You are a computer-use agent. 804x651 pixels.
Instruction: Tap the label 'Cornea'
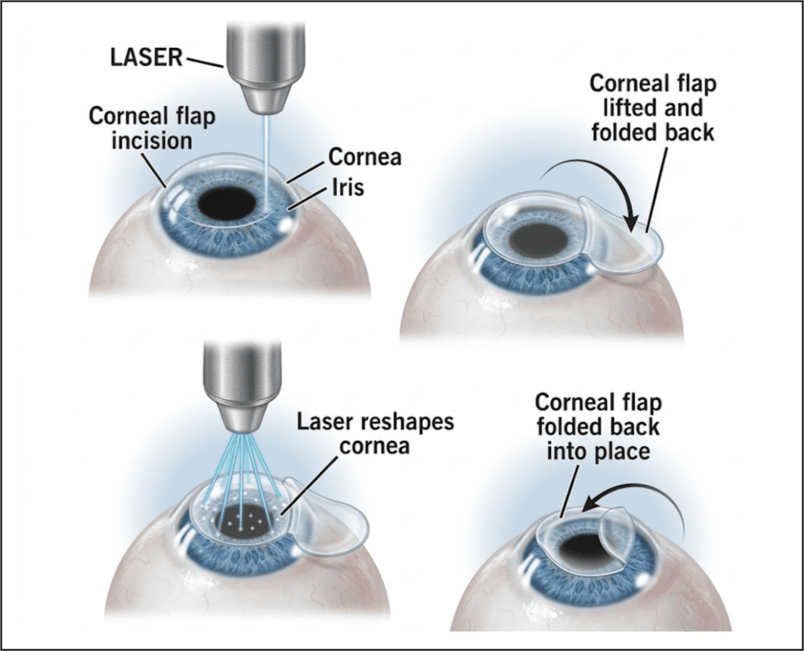(x=364, y=157)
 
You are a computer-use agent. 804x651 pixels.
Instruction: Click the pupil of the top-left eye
(x=227, y=204)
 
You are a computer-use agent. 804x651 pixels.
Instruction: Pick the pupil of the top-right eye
(x=539, y=240)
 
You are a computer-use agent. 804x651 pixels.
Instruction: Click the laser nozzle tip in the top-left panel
(x=265, y=106)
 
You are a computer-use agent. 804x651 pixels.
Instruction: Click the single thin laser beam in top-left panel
(x=265, y=165)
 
